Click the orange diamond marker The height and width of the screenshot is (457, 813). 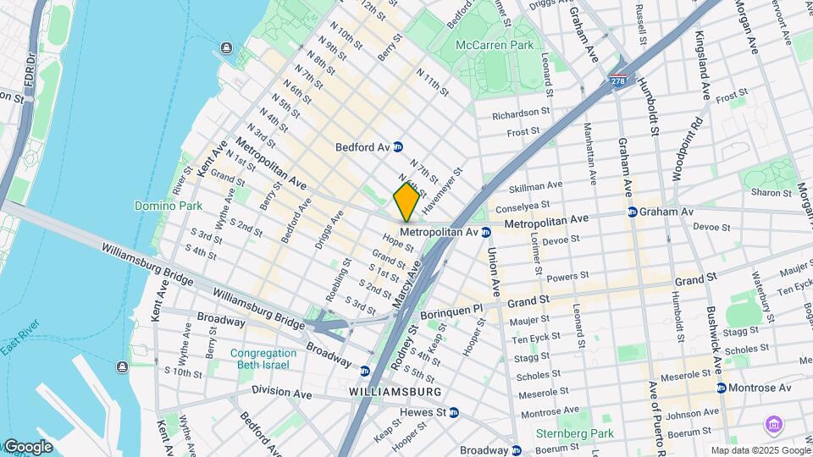406,201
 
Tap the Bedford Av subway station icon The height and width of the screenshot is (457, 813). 397,147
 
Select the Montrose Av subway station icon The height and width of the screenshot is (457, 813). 722,388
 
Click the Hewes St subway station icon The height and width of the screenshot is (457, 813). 454,412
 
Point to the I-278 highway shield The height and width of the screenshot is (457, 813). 617,80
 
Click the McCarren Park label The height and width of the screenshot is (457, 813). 495,44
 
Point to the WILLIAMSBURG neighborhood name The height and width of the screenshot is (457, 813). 395,393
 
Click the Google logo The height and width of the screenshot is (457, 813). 27,446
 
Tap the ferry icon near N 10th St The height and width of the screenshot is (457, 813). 226,48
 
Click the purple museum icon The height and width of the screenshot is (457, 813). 772,424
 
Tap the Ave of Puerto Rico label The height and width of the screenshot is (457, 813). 654,407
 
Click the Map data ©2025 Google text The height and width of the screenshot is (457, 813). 760,450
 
